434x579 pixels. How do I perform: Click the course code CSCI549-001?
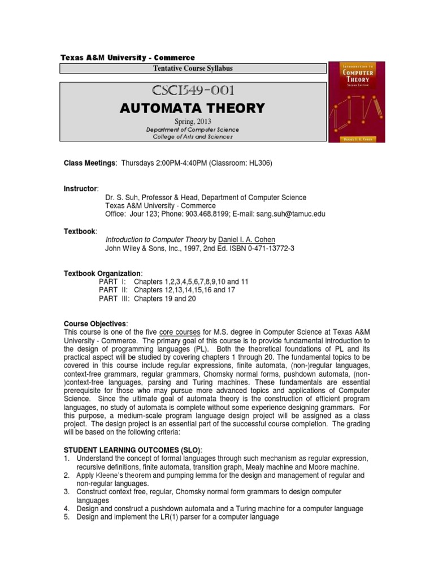[193, 90]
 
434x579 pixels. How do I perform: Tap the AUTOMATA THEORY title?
[193, 107]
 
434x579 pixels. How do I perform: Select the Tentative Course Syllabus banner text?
[193, 68]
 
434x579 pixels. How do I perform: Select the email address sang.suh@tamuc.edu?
[290, 214]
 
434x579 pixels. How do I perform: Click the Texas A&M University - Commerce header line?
[127, 58]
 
